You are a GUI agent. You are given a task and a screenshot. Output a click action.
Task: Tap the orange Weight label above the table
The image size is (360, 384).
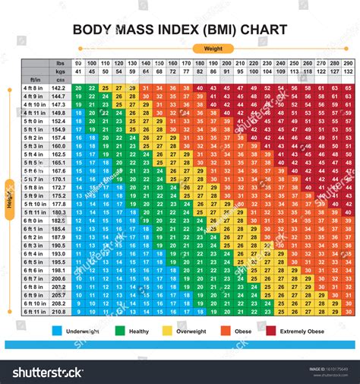click(213, 48)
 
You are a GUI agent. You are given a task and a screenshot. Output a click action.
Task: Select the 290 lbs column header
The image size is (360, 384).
click(347, 63)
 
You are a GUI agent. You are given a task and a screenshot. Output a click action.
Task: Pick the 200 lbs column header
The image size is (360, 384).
click(226, 63)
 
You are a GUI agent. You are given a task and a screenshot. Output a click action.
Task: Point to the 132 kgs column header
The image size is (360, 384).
click(347, 71)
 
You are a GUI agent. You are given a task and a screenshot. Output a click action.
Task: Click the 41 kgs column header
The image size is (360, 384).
click(78, 71)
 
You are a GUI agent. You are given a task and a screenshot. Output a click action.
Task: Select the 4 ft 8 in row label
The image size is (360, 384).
click(35, 88)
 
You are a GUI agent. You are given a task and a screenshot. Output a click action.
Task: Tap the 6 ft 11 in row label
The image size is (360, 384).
click(35, 311)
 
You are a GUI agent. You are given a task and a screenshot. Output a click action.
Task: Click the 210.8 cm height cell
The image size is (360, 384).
click(58, 311)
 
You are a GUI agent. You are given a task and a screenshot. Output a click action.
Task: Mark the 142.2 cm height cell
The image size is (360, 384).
click(58, 88)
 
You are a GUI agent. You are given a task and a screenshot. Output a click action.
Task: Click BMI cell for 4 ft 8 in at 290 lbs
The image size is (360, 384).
click(347, 88)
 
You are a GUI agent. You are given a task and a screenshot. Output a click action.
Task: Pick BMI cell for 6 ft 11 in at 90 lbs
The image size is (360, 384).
click(78, 311)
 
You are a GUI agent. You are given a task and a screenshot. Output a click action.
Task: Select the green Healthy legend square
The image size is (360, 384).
click(121, 332)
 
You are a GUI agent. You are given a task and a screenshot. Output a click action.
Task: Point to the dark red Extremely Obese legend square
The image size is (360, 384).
click(271, 332)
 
